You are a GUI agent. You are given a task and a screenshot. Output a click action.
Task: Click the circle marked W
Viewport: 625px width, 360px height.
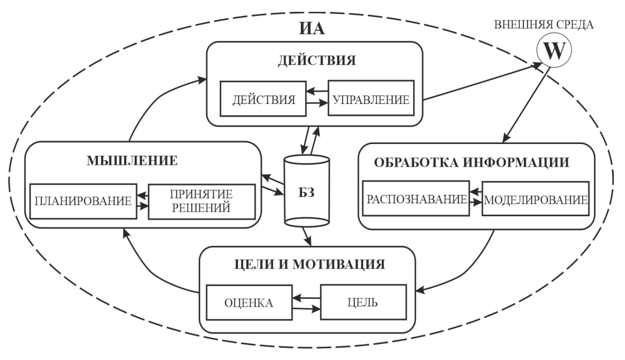point(553,50)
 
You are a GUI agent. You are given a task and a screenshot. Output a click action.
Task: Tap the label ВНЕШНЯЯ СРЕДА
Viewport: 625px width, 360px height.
point(543,25)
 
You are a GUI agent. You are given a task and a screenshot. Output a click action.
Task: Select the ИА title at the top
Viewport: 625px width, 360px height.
point(312,28)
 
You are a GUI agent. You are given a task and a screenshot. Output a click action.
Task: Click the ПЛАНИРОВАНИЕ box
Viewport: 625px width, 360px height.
point(83,201)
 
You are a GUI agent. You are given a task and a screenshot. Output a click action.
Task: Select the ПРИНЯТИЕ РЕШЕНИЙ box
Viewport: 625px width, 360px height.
point(202,201)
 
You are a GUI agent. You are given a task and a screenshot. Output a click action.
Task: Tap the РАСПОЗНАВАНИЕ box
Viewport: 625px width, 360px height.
point(416,199)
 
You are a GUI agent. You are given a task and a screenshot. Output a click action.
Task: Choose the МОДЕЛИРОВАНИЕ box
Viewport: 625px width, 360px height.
point(535,199)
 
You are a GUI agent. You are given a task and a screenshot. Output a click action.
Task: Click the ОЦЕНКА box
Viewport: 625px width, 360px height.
point(249,302)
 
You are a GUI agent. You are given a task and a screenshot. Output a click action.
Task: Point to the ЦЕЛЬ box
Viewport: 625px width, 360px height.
point(363,302)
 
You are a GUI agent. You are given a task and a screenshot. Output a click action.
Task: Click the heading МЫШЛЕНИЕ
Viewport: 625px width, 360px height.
point(132,161)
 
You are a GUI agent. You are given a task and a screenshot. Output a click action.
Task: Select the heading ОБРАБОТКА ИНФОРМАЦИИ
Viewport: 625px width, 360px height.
point(471,162)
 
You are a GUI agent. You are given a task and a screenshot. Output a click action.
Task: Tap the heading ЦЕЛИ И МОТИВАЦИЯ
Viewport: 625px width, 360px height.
point(309,264)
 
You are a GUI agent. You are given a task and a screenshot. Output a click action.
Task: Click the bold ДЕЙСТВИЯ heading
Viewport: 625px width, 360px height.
point(317,60)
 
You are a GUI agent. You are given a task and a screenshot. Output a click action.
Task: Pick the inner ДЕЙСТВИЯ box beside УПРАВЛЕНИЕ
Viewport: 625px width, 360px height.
point(263,99)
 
